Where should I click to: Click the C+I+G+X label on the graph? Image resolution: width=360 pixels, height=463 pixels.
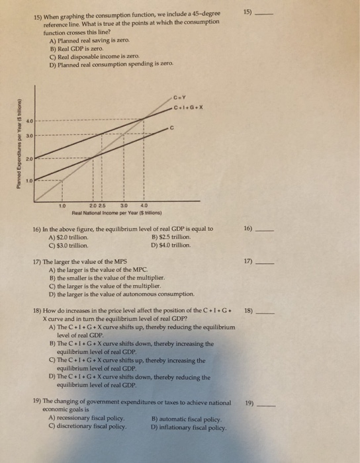point(187,108)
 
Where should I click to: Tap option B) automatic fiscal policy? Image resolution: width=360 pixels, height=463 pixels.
point(185,419)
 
